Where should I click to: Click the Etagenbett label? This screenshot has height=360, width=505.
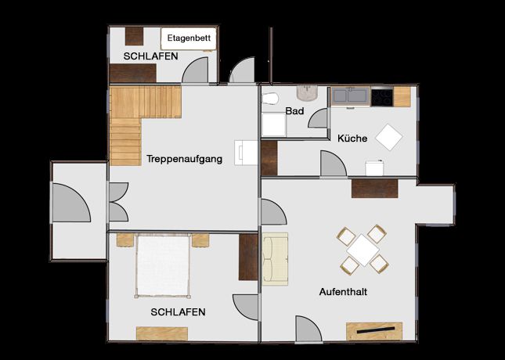tap(189, 38)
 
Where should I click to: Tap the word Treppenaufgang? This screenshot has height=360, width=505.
tap(185, 159)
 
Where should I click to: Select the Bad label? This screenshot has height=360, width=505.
tap(294, 111)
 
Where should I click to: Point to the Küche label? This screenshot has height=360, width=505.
tap(352, 139)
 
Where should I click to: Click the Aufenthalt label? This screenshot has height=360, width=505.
tap(344, 292)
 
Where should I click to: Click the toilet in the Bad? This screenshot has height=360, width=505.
tap(270, 99)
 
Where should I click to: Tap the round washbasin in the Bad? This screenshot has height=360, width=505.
tap(308, 92)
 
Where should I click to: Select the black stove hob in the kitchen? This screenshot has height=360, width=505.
tap(382, 98)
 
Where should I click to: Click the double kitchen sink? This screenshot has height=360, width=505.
tap(351, 96)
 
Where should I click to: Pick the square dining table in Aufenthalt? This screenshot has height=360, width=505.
tap(363, 250)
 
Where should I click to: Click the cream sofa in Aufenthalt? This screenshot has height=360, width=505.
tap(275, 259)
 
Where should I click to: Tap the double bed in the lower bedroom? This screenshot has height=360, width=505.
tap(163, 266)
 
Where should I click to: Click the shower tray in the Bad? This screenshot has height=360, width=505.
tap(274, 124)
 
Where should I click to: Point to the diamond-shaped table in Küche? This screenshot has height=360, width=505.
tap(389, 137)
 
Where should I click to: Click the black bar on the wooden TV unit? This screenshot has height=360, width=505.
tap(376, 330)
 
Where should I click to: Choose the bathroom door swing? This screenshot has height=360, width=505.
tap(318, 118)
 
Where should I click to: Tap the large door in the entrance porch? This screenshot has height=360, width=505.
tap(71, 203)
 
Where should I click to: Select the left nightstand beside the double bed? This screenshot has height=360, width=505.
tap(125, 240)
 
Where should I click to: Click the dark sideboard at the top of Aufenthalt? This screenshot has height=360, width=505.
tap(374, 189)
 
